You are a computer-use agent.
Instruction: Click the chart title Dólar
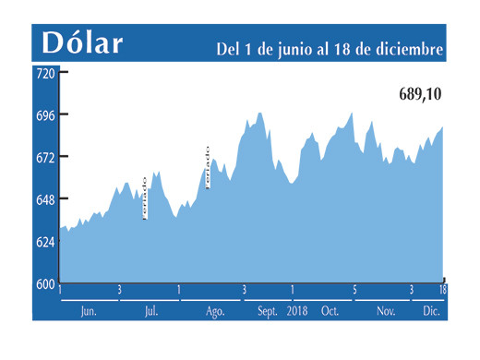tap(81, 42)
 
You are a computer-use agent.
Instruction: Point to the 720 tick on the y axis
tap(44, 72)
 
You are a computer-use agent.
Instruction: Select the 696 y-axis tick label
tap(44, 114)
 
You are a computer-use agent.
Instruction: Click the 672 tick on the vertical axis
tap(44, 157)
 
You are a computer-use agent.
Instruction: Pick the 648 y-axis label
tap(44, 199)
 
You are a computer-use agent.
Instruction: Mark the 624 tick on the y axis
tap(44, 242)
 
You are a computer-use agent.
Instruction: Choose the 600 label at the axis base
tap(44, 283)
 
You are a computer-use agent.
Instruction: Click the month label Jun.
tap(89, 312)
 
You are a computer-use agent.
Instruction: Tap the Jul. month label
tap(150, 312)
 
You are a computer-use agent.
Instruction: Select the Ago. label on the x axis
tap(215, 312)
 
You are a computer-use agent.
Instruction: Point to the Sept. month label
tap(268, 312)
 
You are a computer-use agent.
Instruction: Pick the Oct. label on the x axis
tap(330, 312)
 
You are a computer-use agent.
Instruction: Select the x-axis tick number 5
tap(354, 291)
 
